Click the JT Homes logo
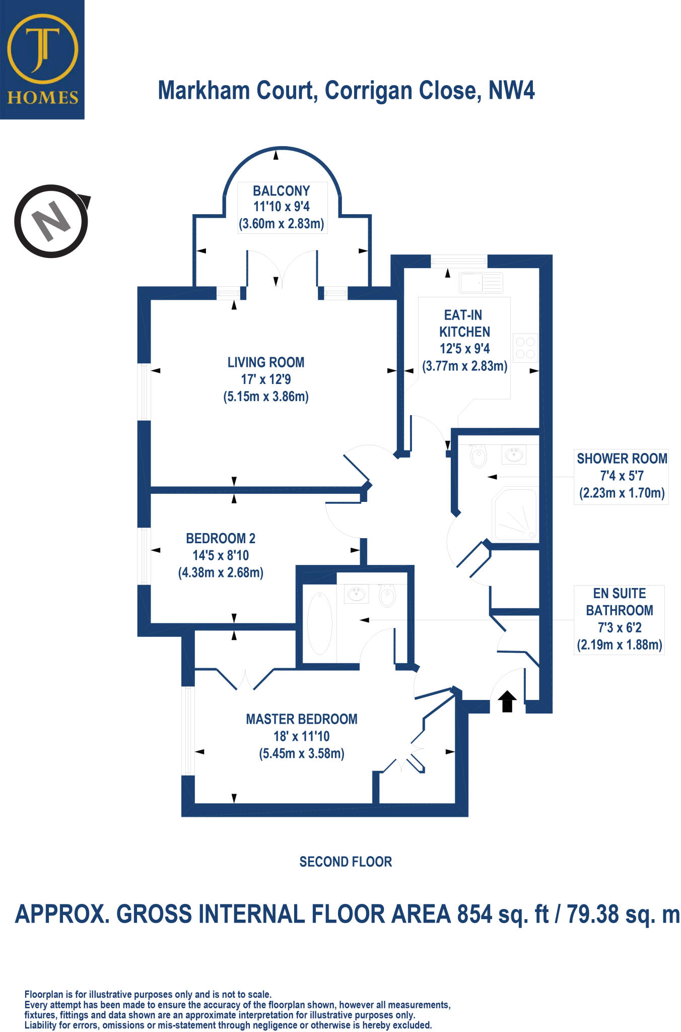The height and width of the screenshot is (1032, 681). pyautogui.click(x=42, y=59)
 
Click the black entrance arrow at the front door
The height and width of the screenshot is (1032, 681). pyautogui.click(x=507, y=701)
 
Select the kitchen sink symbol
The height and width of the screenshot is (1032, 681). pyautogui.click(x=481, y=283)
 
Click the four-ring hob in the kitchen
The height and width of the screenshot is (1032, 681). pyautogui.click(x=525, y=348)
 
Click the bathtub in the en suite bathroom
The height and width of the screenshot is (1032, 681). pyautogui.click(x=319, y=623)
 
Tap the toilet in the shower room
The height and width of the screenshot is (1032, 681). pyautogui.click(x=478, y=457)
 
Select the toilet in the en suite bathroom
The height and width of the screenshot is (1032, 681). pyautogui.click(x=387, y=595)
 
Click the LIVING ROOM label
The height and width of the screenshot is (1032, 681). pyautogui.click(x=266, y=362)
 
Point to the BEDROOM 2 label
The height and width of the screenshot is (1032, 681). pyautogui.click(x=221, y=538)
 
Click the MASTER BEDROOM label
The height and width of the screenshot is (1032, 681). pyautogui.click(x=301, y=719)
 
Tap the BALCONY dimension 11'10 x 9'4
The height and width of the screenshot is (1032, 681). pyautogui.click(x=281, y=207)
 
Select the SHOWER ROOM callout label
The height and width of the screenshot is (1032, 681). pyautogui.click(x=622, y=459)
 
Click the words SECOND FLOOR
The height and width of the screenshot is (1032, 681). pyautogui.click(x=346, y=862)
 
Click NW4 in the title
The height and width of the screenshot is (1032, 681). pyautogui.click(x=511, y=90)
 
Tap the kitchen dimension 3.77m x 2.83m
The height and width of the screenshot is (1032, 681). pyautogui.click(x=464, y=366)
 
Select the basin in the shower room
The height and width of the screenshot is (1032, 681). pyautogui.click(x=514, y=455)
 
